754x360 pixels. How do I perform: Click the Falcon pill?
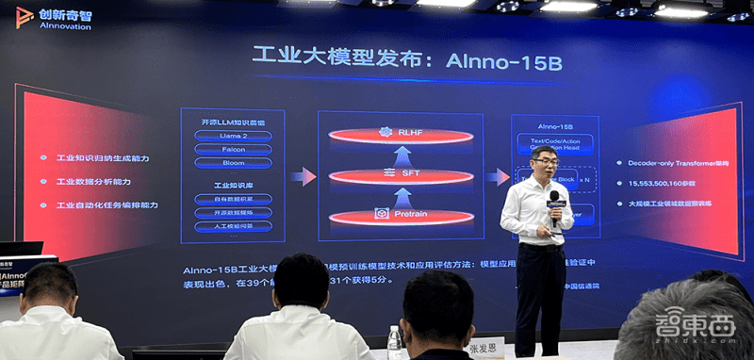point(234,149)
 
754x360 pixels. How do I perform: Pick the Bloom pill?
point(234,162)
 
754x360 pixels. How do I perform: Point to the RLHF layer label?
point(408,133)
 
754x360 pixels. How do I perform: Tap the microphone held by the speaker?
point(553,204)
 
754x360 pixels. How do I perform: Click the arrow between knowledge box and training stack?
point(303,176)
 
